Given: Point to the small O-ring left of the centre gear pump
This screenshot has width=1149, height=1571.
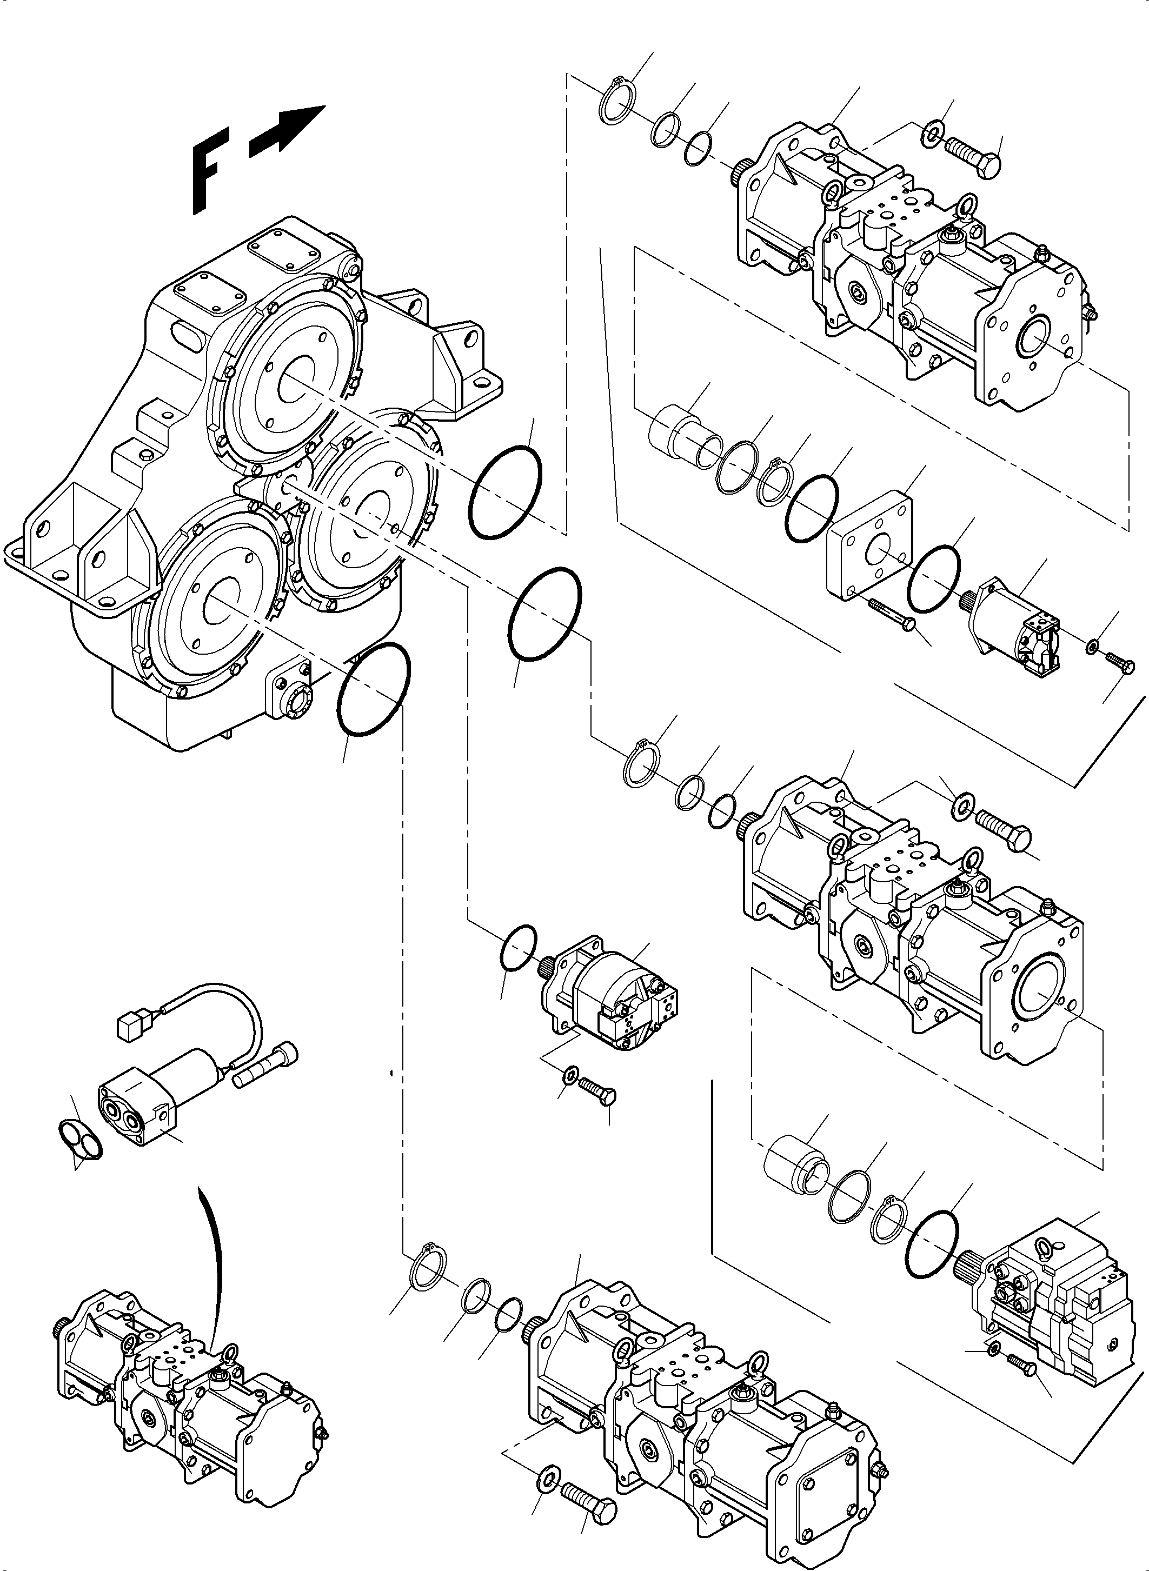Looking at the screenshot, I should click(x=518, y=946).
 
